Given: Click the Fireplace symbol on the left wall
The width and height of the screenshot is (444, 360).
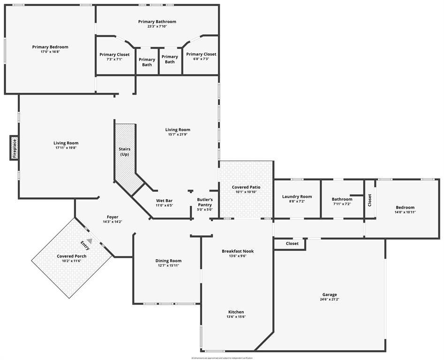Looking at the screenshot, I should point(14,148).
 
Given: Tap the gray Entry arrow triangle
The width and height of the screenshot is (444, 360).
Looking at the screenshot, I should point(89,240).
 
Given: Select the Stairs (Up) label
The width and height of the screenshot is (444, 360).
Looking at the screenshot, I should point(124,151).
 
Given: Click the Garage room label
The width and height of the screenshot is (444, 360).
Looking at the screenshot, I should point(329,295).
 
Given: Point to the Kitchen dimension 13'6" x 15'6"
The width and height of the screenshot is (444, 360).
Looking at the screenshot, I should point(236,317).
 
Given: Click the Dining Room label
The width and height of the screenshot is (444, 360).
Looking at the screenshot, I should point(168,261).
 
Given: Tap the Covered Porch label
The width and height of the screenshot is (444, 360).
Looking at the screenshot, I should point(71,256).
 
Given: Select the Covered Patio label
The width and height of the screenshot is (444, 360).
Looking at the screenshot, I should point(246,187).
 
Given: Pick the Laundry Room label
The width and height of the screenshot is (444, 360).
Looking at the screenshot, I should point(297,196).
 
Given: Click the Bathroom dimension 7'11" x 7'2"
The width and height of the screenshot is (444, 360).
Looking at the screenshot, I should point(341,204).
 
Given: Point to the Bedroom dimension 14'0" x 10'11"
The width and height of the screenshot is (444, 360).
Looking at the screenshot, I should point(405,212).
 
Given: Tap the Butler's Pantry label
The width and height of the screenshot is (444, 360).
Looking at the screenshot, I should point(205,202).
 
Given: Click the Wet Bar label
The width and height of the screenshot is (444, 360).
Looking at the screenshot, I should point(164,200).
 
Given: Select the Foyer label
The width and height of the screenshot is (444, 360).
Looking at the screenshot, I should point(113,217).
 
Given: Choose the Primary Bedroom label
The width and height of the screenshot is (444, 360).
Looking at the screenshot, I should point(50,47).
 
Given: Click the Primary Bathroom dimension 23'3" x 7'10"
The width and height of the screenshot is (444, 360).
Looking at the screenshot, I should point(157,26).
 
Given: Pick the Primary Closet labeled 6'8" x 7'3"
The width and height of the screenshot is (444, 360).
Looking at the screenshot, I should point(201,54).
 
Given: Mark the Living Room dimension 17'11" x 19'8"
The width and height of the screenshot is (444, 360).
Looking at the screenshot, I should point(66,148).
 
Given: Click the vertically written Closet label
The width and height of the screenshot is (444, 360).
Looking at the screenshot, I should point(370,200).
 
